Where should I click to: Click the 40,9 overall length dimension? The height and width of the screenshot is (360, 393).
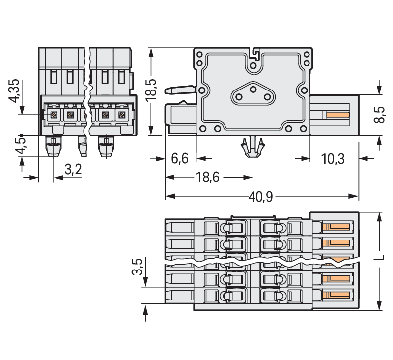262,196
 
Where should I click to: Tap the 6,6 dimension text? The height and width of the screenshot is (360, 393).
179,159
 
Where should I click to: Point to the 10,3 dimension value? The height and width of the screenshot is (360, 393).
333,159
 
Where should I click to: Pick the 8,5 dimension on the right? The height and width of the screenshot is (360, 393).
379,114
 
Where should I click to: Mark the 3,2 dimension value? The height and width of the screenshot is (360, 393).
73,170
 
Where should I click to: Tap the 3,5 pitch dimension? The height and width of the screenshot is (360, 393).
138,268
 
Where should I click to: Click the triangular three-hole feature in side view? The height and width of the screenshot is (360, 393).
252,92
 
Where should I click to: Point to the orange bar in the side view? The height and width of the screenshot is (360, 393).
337,115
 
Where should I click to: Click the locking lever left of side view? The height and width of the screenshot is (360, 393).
179,90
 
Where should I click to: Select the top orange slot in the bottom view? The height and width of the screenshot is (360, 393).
337,227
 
